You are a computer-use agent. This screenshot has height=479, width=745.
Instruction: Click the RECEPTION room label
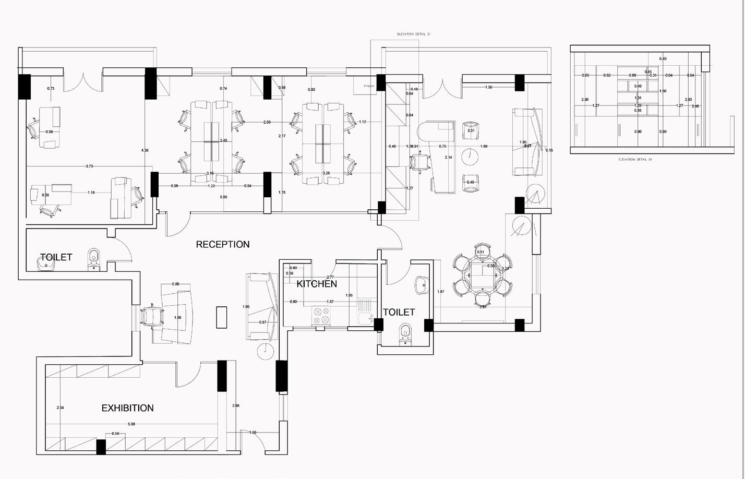click(x=223, y=244)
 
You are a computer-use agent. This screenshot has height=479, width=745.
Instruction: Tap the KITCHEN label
click(x=317, y=284)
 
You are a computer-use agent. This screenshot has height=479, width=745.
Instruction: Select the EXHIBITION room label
click(x=127, y=408)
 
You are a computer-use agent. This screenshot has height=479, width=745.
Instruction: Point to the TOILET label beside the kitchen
click(x=399, y=312)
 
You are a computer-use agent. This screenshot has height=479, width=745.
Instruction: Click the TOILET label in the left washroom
click(x=56, y=257)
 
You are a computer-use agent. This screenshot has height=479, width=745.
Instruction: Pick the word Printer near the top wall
click(x=369, y=86)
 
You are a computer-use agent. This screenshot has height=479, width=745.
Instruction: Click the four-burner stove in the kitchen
click(x=321, y=316)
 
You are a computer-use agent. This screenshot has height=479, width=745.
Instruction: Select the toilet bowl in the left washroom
click(x=94, y=257)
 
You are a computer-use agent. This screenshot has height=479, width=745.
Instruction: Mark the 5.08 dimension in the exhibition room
click(x=131, y=424)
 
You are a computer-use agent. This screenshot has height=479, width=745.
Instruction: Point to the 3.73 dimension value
click(x=89, y=166)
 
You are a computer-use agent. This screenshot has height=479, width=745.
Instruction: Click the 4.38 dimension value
click(x=145, y=150)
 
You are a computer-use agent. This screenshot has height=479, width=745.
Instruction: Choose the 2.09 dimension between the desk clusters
click(x=267, y=122)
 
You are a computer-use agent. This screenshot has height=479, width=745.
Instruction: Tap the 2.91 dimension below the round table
click(x=483, y=307)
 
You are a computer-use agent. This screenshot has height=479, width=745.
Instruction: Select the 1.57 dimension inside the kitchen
click(x=330, y=302)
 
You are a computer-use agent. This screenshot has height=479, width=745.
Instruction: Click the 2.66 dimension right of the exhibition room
click(x=236, y=405)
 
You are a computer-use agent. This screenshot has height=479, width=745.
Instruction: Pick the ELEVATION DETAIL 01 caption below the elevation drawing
click(x=635, y=160)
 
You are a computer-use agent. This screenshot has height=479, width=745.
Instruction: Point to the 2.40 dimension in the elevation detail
click(x=695, y=106)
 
